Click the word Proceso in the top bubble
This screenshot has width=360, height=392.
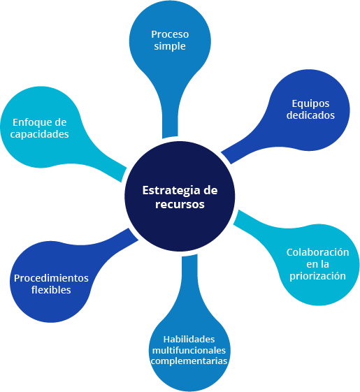[x=170, y=34]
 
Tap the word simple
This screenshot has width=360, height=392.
[x=170, y=47]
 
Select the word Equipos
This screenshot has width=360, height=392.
[x=310, y=104]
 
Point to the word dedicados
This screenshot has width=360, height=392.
[x=310, y=115]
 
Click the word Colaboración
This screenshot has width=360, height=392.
[x=317, y=252]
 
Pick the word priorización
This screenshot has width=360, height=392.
[x=317, y=276]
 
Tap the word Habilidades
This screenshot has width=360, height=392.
[x=189, y=340]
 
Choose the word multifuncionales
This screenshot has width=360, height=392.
[x=189, y=350]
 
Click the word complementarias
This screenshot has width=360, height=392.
[x=189, y=361]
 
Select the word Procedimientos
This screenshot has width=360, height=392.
[x=51, y=278]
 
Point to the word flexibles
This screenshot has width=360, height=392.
[x=51, y=290]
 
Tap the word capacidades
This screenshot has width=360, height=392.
[x=39, y=134]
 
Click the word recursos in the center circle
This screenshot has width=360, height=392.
[x=180, y=204]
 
